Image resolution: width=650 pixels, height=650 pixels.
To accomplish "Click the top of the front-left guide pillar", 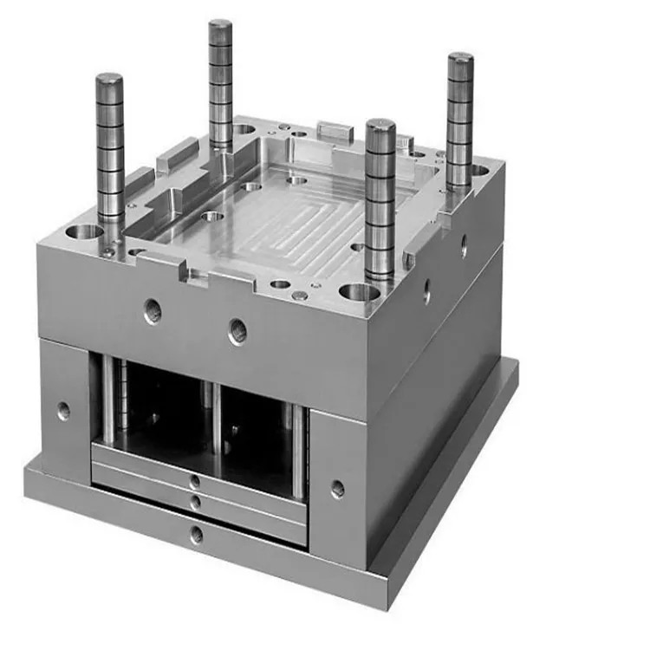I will pyautogui.click(x=109, y=81).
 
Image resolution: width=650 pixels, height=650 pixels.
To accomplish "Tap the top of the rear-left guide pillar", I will pyautogui.click(x=220, y=26).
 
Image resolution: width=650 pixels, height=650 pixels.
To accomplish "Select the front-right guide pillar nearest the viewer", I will pyautogui.click(x=380, y=199).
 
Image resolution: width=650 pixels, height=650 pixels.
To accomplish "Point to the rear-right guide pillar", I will pyautogui.click(x=459, y=121).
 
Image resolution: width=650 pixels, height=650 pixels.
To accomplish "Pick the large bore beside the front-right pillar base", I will pyautogui.click(x=359, y=292).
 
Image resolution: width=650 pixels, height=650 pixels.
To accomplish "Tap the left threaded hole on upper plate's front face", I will pyautogui.click(x=153, y=310).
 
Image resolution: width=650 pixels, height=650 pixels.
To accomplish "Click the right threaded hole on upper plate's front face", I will pyautogui.click(x=237, y=330).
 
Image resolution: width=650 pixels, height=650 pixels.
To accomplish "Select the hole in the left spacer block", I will pyautogui.click(x=63, y=411).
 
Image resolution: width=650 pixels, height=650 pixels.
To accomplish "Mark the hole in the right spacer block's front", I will pyautogui.click(x=337, y=489).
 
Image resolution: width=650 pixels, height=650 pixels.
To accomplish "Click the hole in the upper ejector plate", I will pyautogui.click(x=195, y=481).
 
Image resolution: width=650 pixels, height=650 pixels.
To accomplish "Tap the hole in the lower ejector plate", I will pyautogui.click(x=196, y=502).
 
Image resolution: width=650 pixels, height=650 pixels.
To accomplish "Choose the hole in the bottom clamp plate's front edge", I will pyautogui.click(x=197, y=535).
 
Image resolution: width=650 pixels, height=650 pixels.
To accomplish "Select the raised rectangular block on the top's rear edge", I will pyautogui.click(x=335, y=131).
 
